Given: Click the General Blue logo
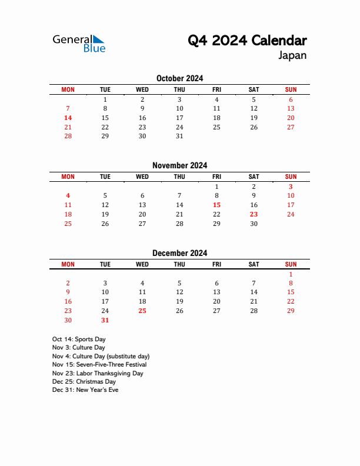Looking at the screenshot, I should pos(79,44).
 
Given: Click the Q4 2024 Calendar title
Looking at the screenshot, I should pos(247,41).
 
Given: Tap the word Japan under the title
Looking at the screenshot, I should pos(292,56).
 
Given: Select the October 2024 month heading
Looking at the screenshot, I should pos(179,78).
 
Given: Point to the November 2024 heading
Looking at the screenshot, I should pos(179,165).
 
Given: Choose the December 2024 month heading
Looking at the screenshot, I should pos(179,253).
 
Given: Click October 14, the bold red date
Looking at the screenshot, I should pos(68,118).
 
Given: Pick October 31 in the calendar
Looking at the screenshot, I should pos(179,137).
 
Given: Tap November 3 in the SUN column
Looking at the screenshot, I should pos(291,187).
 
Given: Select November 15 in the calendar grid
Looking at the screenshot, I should pos(216,205).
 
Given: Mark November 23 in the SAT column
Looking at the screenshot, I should pos(254,215).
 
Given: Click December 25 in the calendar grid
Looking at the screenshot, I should pos(142,311).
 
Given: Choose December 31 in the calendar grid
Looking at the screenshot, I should pos(105,321).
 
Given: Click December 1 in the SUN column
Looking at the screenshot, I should pos(291,274).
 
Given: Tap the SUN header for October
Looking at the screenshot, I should pos(291,90).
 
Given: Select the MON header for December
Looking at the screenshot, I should pos(68,265).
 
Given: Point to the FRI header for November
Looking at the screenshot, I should pos(216,177).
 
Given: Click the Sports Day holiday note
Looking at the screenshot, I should pos(79,339).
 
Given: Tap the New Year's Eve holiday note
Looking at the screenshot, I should pos(85,390).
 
